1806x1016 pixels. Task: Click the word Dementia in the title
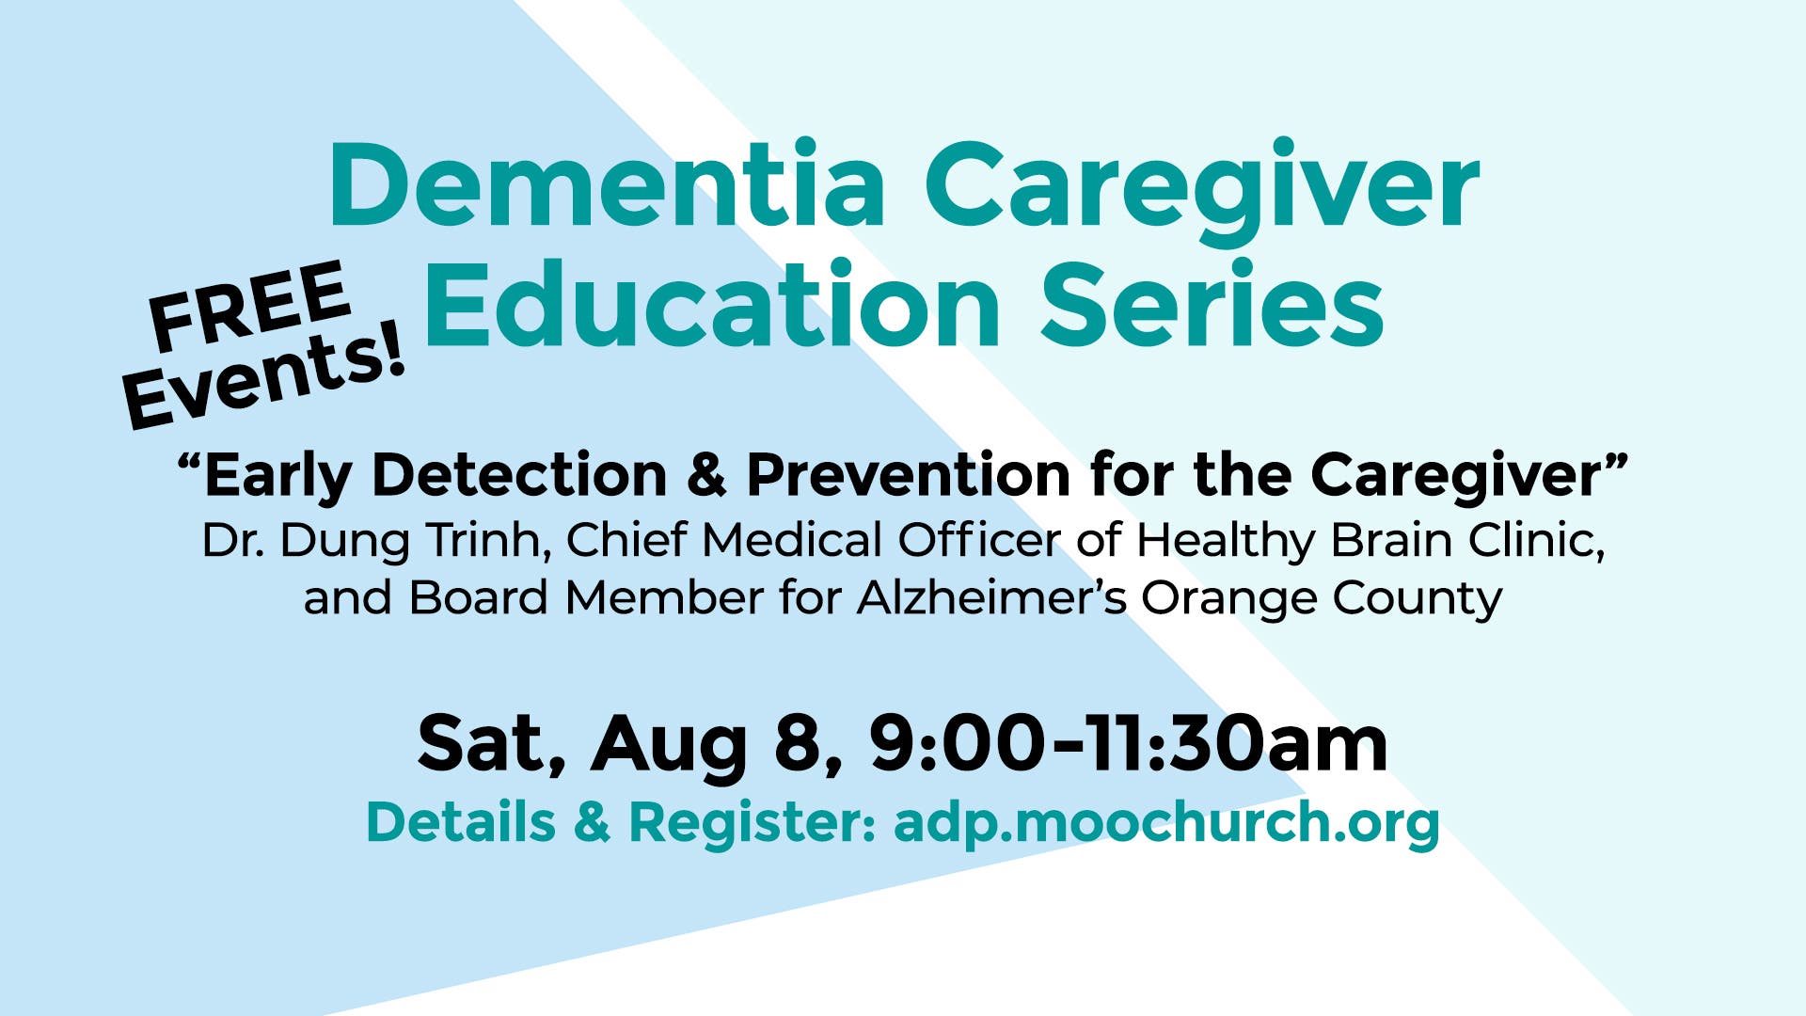click(x=607, y=185)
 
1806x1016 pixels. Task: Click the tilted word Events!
click(x=264, y=376)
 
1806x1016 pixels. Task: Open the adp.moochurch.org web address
click(x=1166, y=822)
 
